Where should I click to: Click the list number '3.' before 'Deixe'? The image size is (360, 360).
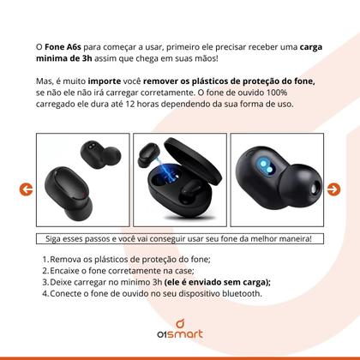click(45, 281)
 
